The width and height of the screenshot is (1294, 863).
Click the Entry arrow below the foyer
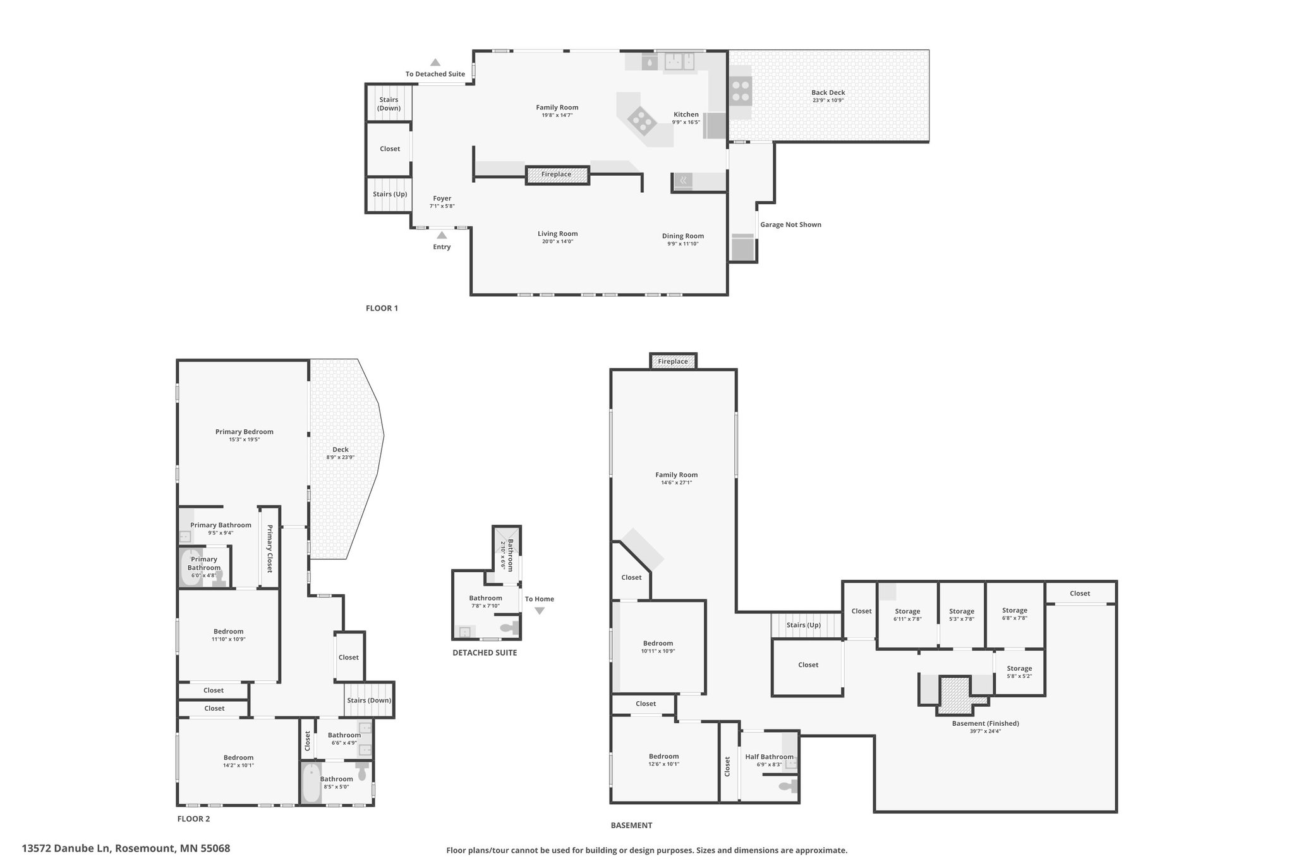pyautogui.click(x=442, y=235)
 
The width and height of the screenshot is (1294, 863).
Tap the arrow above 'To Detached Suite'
pyautogui.click(x=435, y=62)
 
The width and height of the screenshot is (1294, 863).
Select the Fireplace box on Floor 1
pyautogui.click(x=557, y=174)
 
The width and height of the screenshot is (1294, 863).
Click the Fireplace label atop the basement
pyautogui.click(x=673, y=362)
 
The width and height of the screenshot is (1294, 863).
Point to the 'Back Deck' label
pyautogui.click(x=828, y=92)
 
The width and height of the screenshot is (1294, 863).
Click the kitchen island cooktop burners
pyautogui.click(x=641, y=119)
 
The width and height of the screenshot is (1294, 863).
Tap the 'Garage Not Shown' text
pyautogui.click(x=790, y=224)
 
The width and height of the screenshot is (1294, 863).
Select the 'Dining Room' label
pyautogui.click(x=683, y=236)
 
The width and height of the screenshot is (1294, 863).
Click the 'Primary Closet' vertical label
pyautogui.click(x=269, y=549)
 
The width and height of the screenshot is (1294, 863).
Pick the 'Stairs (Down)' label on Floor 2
pyautogui.click(x=369, y=700)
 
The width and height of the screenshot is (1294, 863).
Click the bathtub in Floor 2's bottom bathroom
pyautogui.click(x=311, y=784)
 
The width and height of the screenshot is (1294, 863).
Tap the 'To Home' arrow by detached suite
pyautogui.click(x=539, y=611)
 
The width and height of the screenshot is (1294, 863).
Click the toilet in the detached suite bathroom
pyautogui.click(x=509, y=628)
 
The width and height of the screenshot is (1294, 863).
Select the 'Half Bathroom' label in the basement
pyautogui.click(x=769, y=757)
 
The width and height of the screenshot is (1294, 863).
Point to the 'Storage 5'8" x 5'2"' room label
pyautogui.click(x=1019, y=671)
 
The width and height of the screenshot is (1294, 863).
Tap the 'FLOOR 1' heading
pyautogui.click(x=382, y=309)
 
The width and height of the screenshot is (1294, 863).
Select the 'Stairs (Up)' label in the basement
pyautogui.click(x=804, y=625)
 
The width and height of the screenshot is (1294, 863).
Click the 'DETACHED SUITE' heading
pyautogui.click(x=485, y=652)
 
